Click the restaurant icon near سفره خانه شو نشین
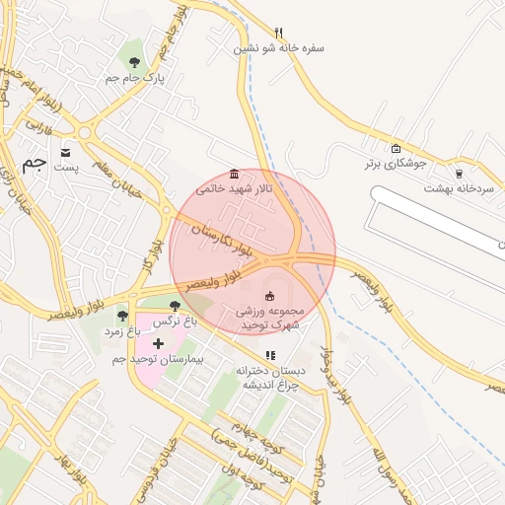tap(279, 33)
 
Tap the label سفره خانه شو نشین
tap(279, 47)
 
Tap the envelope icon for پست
tap(65, 153)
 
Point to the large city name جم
tap(35, 163)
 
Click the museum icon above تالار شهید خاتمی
tap(234, 174)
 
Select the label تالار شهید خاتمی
tap(234, 187)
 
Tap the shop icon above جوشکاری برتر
tap(397, 149)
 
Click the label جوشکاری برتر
tap(397, 164)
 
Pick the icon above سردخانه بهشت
tap(458, 173)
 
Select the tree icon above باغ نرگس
tap(175, 307)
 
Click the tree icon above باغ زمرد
tap(122, 316)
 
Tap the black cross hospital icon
tap(158, 343)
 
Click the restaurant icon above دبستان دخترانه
tap(270, 355)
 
